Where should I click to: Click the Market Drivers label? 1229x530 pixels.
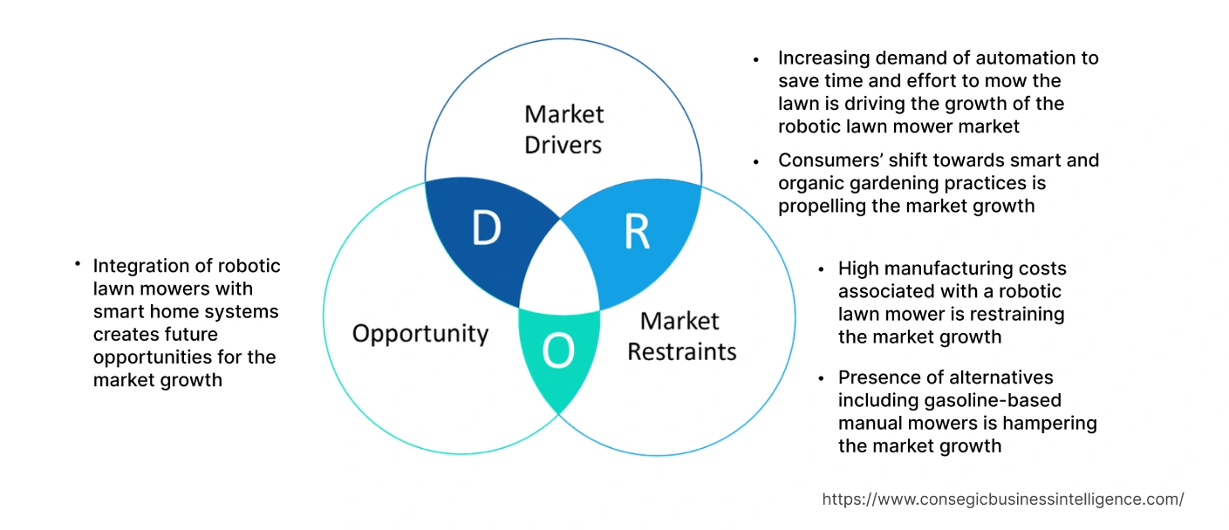point(563,129)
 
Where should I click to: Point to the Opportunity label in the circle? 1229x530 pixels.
point(420,333)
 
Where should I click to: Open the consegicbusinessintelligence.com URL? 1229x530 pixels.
point(1003,499)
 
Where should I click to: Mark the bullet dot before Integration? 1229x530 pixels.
point(78,263)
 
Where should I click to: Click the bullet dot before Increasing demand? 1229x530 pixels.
point(756,59)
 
